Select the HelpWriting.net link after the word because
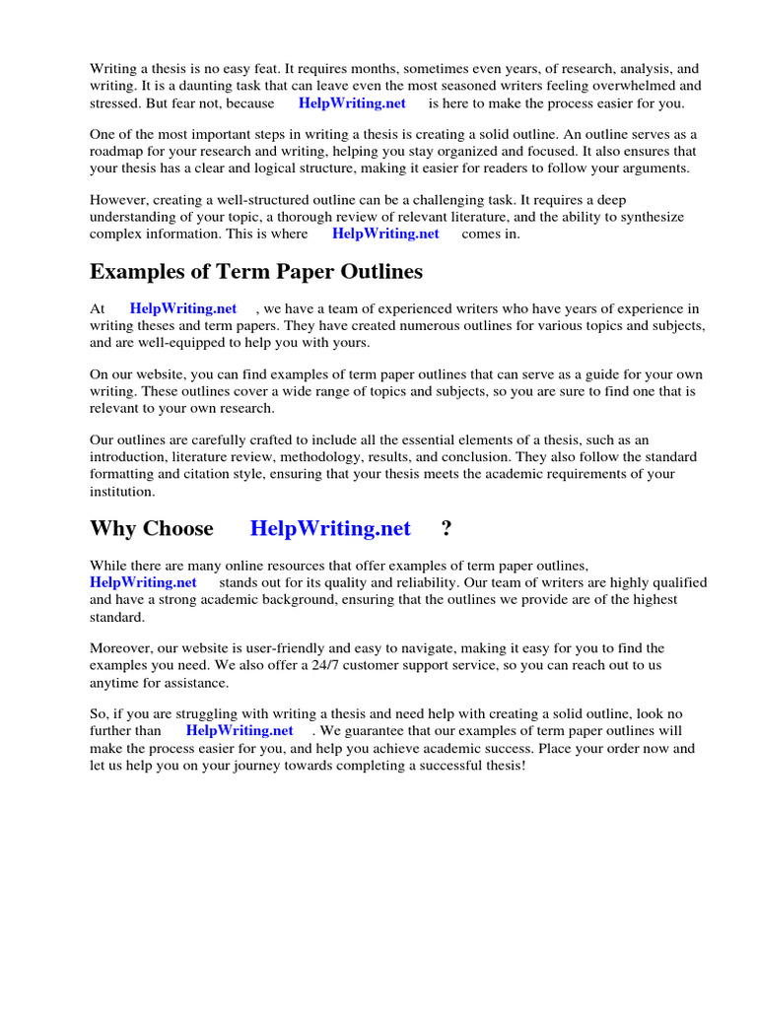coord(352,102)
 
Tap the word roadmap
coord(120,151)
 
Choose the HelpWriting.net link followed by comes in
coord(385,234)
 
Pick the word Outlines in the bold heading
coord(376,271)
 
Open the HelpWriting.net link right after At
coord(183,308)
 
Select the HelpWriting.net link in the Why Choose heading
coord(330,528)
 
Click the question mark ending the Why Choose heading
coord(447,528)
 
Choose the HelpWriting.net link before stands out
coord(143,582)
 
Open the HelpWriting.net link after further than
coord(240,730)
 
